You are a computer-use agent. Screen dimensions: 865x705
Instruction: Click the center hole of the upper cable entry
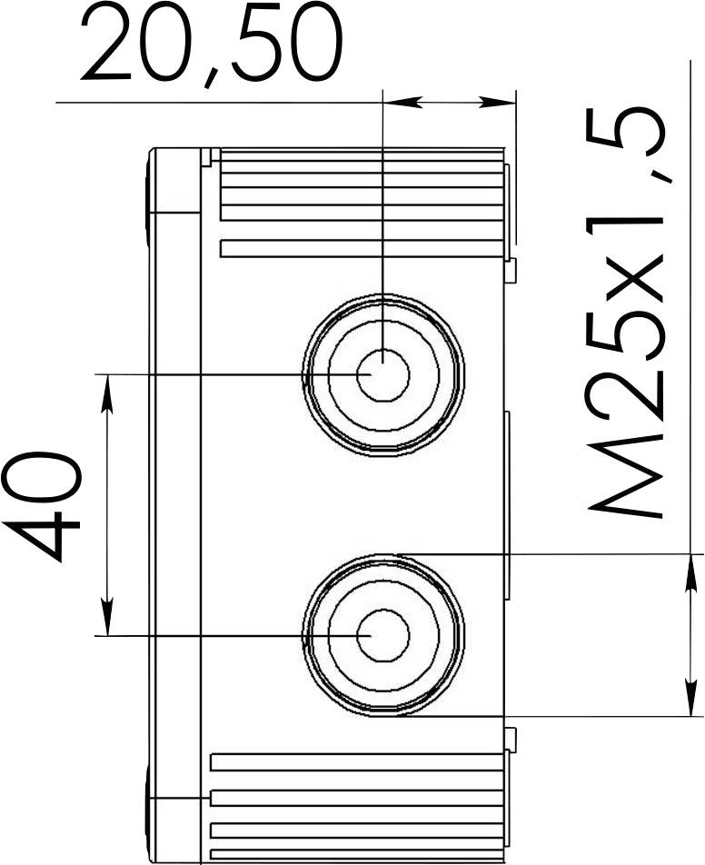382,374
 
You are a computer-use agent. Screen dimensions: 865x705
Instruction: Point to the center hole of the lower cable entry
382,635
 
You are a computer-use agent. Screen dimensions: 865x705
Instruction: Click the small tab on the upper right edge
511,269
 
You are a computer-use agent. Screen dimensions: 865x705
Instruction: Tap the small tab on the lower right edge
511,738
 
